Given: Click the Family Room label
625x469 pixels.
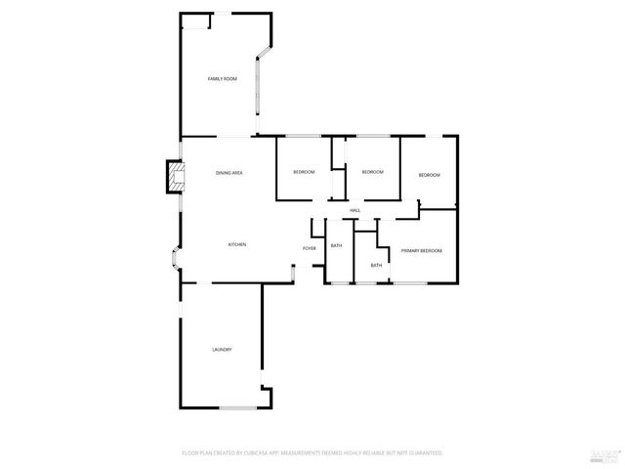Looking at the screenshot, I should [223, 78].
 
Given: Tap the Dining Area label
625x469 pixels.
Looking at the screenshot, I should [229, 173].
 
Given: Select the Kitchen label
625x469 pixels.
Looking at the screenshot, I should [236, 244].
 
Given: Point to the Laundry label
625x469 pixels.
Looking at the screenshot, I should [222, 350].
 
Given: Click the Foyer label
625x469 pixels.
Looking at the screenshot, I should [309, 249].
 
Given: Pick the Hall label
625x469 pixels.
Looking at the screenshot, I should [355, 210].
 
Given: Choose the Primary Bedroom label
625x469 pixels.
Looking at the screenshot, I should [422, 251].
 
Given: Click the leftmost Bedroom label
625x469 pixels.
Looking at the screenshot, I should [304, 173].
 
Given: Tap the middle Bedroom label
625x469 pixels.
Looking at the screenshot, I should [372, 172].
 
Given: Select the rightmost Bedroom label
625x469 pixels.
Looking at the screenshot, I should [430, 175].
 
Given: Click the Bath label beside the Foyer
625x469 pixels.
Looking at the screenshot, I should [336, 246].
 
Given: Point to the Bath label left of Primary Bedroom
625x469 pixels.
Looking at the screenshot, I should [376, 266].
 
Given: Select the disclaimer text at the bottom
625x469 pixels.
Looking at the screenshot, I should [312, 453].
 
